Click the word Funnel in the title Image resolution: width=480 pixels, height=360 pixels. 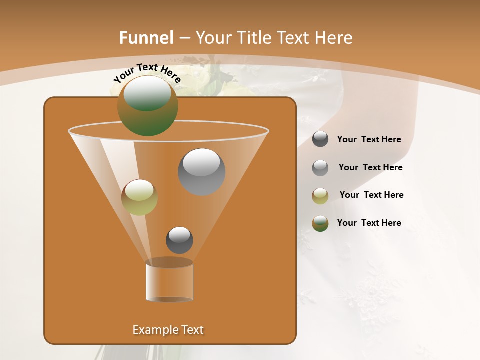146,37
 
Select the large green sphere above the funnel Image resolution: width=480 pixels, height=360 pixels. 147,105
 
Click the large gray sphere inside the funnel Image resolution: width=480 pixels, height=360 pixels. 201,171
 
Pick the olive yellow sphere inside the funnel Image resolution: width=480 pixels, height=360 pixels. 139,197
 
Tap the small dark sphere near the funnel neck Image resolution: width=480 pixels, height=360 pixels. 179,240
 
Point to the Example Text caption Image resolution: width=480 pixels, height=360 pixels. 168,330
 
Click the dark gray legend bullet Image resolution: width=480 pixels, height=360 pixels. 320,139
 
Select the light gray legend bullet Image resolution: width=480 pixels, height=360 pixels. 320,167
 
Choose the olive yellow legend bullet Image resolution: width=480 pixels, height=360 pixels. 320,195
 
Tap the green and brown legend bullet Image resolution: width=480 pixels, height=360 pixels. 320,223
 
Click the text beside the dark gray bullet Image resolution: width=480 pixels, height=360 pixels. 369,140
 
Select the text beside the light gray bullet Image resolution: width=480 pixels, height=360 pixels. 370,168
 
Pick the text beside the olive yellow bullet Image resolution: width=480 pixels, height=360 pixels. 371,195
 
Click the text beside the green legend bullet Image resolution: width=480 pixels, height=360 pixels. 369,223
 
